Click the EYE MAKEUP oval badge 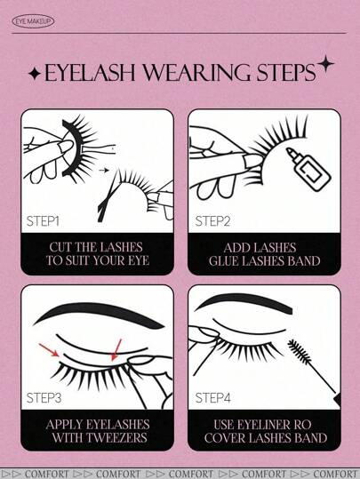[x=33, y=21]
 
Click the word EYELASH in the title [x=90, y=73]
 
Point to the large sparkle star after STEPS [x=325, y=64]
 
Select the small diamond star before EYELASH [x=35, y=74]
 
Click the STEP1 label [x=43, y=221]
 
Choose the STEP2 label [x=212, y=221]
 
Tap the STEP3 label [x=44, y=398]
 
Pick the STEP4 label [x=212, y=398]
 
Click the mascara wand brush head [x=300, y=351]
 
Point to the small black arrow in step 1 [x=105, y=170]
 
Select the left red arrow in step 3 [x=49, y=350]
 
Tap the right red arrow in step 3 [x=116, y=350]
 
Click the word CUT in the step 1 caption [x=60, y=247]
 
